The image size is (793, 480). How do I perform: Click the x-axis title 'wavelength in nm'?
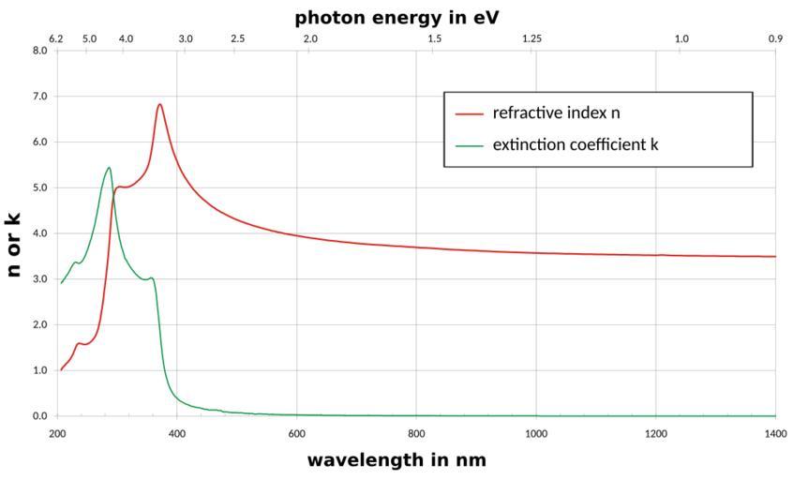click(396, 460)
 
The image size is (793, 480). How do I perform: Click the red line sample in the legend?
click(469, 114)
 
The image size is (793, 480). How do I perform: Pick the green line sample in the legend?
click(469, 145)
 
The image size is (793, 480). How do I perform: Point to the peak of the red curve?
click(160, 104)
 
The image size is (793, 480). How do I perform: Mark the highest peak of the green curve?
click(109, 168)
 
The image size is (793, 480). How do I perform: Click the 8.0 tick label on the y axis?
click(40, 51)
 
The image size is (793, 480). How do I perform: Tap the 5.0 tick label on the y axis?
click(40, 187)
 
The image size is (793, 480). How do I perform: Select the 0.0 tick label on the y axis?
click(40, 416)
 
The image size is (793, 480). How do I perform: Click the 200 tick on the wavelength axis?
click(57, 434)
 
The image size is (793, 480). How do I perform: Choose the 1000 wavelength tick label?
click(536, 434)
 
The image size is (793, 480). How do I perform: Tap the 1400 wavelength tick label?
click(775, 434)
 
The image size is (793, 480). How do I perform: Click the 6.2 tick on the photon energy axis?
click(57, 38)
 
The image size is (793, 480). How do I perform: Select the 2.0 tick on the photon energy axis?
click(310, 38)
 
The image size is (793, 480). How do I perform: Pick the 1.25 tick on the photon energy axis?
click(531, 38)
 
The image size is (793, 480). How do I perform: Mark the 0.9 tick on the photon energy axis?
click(775, 38)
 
